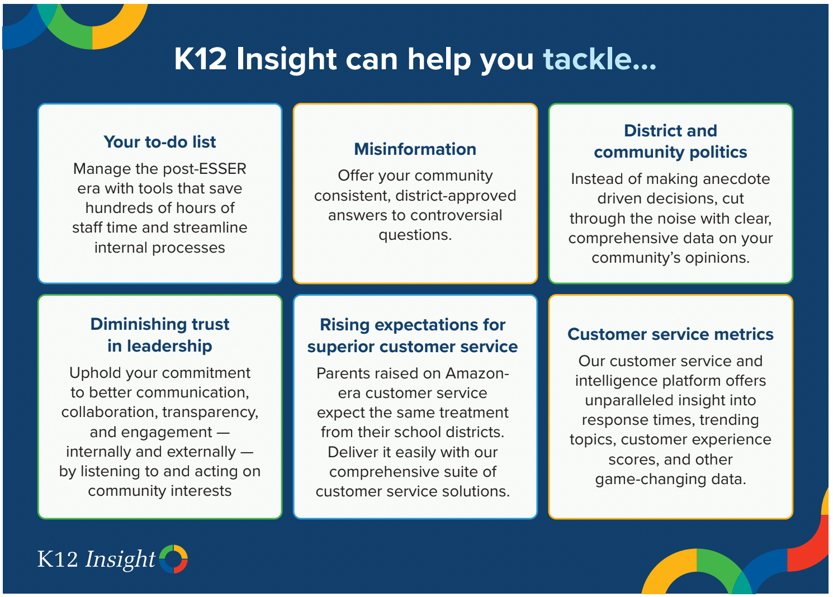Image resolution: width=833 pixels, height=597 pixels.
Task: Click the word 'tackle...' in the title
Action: point(599,59)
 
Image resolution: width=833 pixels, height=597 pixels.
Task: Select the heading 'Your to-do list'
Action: point(159,142)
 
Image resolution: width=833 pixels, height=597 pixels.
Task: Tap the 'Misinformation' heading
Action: point(415,149)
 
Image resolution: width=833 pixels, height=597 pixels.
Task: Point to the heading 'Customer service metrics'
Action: point(670,334)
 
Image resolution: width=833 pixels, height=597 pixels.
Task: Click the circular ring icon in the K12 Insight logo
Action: point(173,559)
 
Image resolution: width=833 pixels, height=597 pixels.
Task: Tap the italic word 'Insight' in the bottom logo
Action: point(120,560)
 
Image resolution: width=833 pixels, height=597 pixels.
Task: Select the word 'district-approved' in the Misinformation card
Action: point(456,196)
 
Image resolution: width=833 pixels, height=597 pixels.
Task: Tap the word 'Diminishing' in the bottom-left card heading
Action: point(139,325)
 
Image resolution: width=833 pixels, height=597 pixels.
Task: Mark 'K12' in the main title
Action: point(201,59)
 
